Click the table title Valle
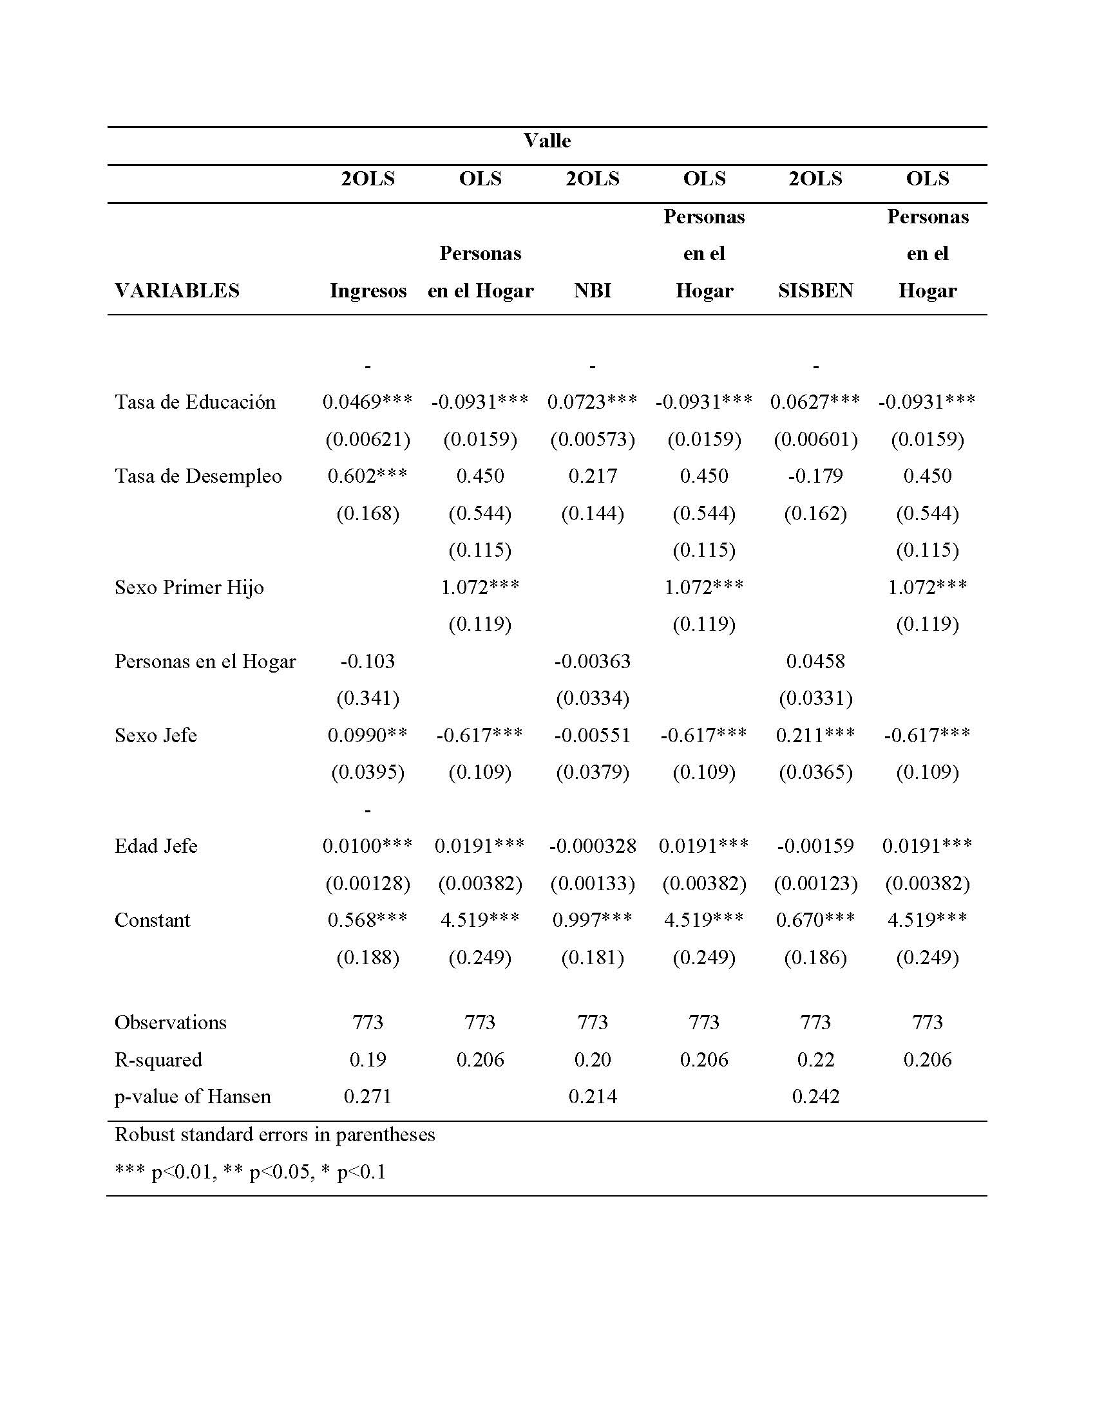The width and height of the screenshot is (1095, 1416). pos(547,141)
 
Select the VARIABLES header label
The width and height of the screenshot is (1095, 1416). pos(177,290)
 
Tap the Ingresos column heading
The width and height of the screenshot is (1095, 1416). pos(368,290)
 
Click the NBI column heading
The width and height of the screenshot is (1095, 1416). pos(592,290)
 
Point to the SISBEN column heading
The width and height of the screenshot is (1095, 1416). pos(815,290)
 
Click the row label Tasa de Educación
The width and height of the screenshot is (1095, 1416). pos(195,402)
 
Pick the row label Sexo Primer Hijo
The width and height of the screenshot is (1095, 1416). pos(189,588)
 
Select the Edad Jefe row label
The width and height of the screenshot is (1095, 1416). pos(156,846)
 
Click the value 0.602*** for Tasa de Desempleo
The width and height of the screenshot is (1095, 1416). pos(368,476)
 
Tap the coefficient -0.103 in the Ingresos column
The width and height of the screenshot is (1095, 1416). pos(368,661)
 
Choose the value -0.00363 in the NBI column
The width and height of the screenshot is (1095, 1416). pos(592,661)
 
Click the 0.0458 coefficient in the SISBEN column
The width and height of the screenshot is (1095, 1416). pos(815,661)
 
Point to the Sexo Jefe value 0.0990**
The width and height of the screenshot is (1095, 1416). pos(368,735)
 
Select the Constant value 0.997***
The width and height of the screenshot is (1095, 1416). pos(592,920)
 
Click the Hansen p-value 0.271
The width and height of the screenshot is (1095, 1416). pos(368,1096)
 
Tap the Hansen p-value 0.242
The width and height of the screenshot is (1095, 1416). pos(815,1096)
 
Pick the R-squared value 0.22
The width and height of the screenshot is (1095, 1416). pos(815,1059)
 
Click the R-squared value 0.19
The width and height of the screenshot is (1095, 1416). pos(368,1059)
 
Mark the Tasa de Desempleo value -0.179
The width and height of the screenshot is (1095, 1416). pos(815,476)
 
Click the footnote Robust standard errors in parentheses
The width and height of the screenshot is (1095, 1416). pos(275,1135)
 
